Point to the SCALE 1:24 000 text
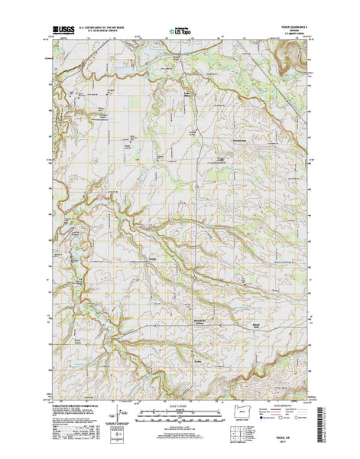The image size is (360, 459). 180,405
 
